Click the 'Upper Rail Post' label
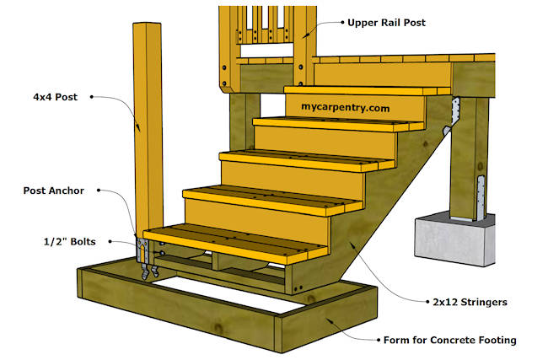click(386, 24)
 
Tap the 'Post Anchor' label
click(53, 191)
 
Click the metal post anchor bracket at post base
click(143, 250)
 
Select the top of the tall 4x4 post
click(148, 25)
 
